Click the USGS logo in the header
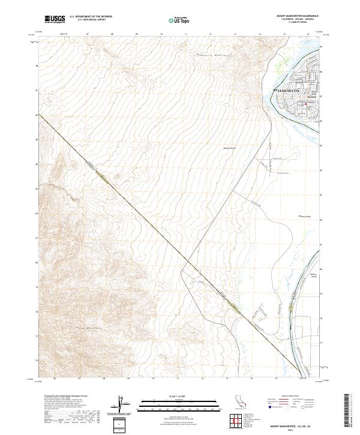click(55, 19)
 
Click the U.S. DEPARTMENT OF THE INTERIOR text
click(91, 17)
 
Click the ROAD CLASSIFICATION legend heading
click(290, 397)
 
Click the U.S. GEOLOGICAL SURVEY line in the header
click(91, 20)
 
